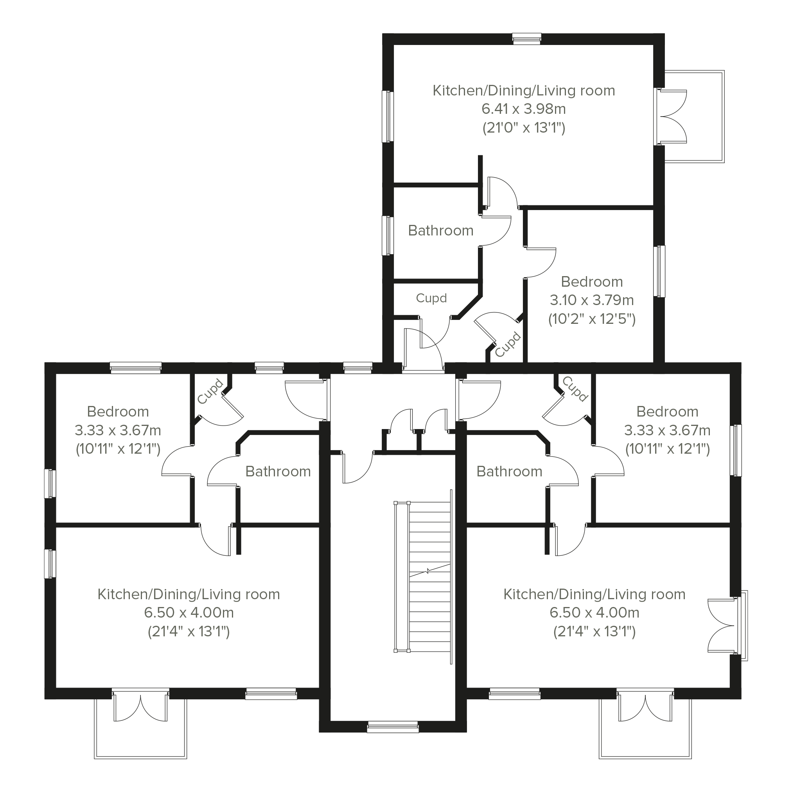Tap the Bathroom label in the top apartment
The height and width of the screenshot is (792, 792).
point(441,230)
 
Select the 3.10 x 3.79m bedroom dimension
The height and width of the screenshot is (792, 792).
point(592,300)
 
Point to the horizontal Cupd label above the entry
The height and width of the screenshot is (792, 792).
point(431,298)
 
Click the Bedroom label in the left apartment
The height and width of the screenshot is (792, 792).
point(118,411)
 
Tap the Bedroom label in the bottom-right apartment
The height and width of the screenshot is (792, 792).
point(667,411)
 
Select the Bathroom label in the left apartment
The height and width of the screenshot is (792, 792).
point(278,471)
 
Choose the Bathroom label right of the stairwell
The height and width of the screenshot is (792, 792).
point(510,471)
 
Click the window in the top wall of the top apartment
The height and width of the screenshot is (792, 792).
point(527,39)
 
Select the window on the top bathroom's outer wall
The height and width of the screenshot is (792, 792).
point(388,236)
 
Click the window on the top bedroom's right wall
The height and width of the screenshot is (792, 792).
point(659,271)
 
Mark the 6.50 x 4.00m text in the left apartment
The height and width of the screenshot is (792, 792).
point(189,612)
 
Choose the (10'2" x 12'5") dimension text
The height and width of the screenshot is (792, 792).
point(592,319)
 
